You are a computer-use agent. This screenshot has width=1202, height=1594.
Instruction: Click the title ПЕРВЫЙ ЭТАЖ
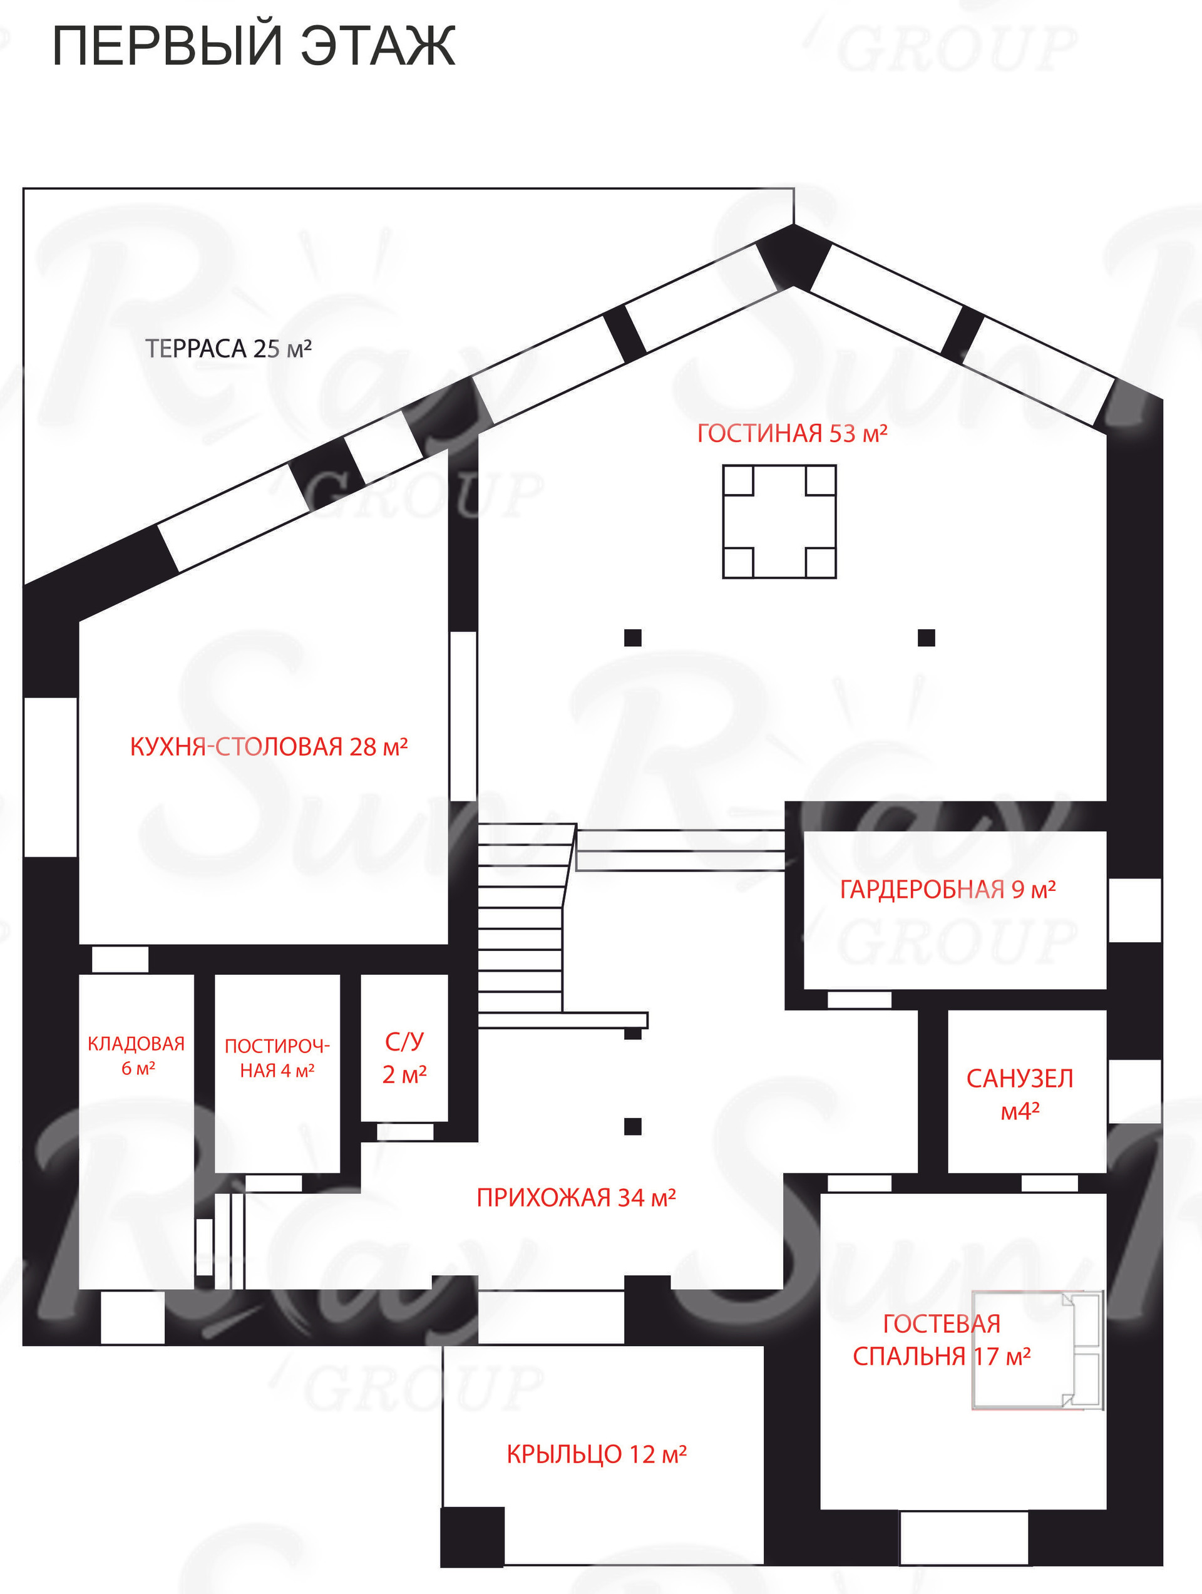tap(254, 46)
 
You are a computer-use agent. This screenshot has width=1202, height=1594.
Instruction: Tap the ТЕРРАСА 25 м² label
tap(229, 349)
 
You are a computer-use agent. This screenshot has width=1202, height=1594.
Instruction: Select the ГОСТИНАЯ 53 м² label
tap(792, 433)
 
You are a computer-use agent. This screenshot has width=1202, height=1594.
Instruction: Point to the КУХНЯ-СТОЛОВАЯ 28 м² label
tap(269, 746)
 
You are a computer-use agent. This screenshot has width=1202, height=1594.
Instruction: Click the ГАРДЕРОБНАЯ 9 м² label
tap(948, 890)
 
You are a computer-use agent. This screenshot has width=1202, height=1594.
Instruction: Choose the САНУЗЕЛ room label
tap(1020, 1094)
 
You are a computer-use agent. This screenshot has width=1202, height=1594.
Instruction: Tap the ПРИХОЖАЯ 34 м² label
tap(576, 1198)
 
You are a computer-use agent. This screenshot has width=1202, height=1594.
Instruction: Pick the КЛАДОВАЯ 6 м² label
tap(136, 1056)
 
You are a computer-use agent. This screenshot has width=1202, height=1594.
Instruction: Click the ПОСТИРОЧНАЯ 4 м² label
tap(277, 1058)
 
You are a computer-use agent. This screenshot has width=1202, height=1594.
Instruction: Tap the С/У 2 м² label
tap(404, 1057)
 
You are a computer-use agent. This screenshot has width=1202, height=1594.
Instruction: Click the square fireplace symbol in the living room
tap(779, 522)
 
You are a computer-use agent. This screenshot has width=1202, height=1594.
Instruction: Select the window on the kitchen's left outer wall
tap(51, 777)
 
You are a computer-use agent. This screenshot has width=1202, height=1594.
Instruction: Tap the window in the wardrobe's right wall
tap(1134, 910)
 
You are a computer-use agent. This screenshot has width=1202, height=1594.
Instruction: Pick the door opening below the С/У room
tap(405, 1132)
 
